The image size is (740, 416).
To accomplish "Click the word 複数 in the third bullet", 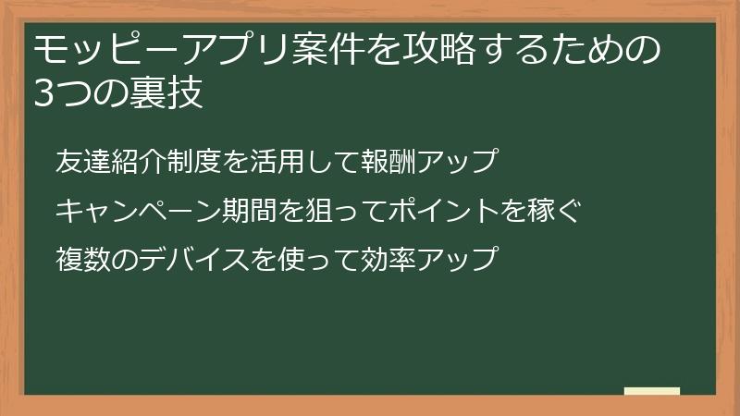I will point(81,258).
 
